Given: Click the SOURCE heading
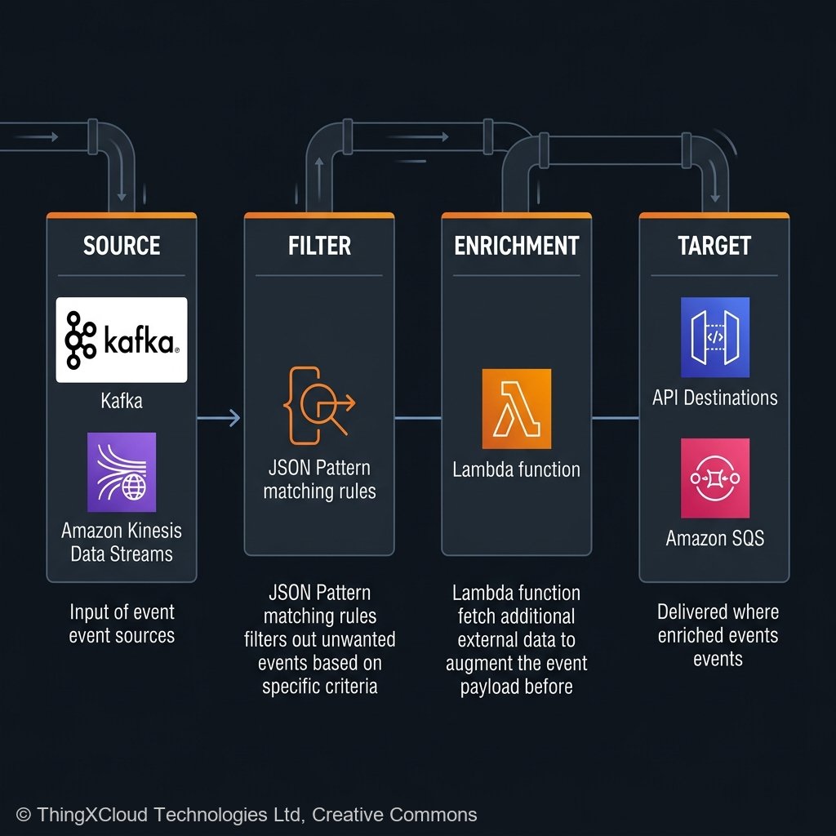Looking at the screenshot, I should point(122,246).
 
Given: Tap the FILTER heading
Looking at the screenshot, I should point(319,246).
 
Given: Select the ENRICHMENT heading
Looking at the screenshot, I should point(516,246).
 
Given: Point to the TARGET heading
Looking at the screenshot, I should point(714,246).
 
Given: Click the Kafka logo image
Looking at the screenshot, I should point(122,340).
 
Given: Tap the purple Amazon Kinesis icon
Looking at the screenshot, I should point(122,472).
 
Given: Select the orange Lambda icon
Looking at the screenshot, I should point(516,408).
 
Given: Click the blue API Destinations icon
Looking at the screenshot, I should point(714,337).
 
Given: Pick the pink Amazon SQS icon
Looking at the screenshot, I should point(714,478).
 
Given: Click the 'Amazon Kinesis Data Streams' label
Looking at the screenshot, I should point(122,542).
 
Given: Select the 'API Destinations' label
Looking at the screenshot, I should point(714,398).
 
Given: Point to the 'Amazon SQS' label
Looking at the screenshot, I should point(714,538).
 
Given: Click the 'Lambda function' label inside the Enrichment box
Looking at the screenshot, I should point(516,469).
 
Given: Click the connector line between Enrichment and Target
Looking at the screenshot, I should point(616,418).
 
